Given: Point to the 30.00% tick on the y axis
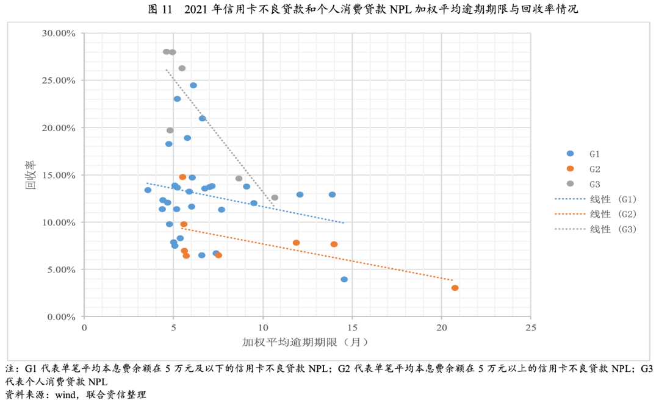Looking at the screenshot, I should pyautogui.click(x=58, y=33).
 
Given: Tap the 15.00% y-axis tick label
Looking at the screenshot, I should pyautogui.click(x=58, y=175).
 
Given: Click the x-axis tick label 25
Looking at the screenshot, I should pyautogui.click(x=530, y=328).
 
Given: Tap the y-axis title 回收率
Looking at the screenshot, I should pyautogui.click(x=30, y=175).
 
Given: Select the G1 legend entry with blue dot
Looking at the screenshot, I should pyautogui.click(x=585, y=154).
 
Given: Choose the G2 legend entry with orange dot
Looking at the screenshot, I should pyautogui.click(x=585, y=168).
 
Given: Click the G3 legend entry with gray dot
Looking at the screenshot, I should pyautogui.click(x=585, y=184).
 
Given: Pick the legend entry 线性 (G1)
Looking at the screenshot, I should pyautogui.click(x=595, y=199).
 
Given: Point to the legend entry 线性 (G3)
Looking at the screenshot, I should pyautogui.click(x=595, y=229).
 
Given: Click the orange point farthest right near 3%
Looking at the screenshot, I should pyautogui.click(x=455, y=288).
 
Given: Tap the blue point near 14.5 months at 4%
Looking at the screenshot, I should pyautogui.click(x=344, y=279).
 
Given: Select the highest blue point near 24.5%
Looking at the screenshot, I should pyautogui.click(x=193, y=85).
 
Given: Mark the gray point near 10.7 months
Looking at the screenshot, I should pyautogui.click(x=275, y=198).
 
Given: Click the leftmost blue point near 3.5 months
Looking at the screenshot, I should pyautogui.click(x=148, y=190).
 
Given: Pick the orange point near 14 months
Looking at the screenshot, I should pyautogui.click(x=334, y=244).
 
